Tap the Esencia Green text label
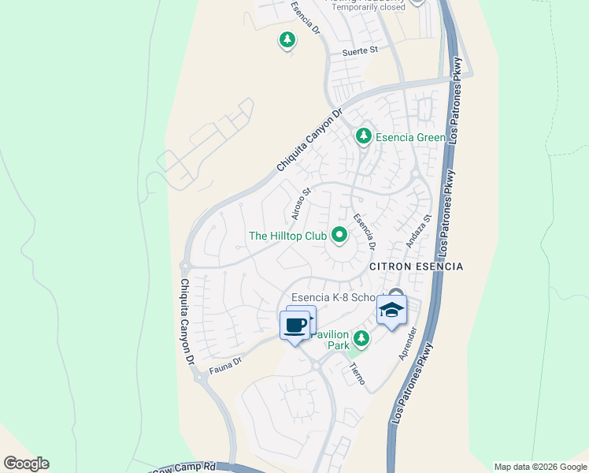pyautogui.click(x=410, y=137)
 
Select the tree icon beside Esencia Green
pyautogui.click(x=363, y=136)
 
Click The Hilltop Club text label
pyautogui.click(x=287, y=236)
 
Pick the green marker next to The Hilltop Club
pyautogui.click(x=339, y=234)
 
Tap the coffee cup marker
pyautogui.click(x=295, y=325)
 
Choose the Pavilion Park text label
pyautogui.click(x=329, y=340)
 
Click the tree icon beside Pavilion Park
pyautogui.click(x=361, y=339)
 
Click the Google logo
pyautogui.click(x=26, y=464)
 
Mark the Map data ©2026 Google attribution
pyautogui.click(x=540, y=467)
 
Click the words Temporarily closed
pyautogui.click(x=367, y=8)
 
